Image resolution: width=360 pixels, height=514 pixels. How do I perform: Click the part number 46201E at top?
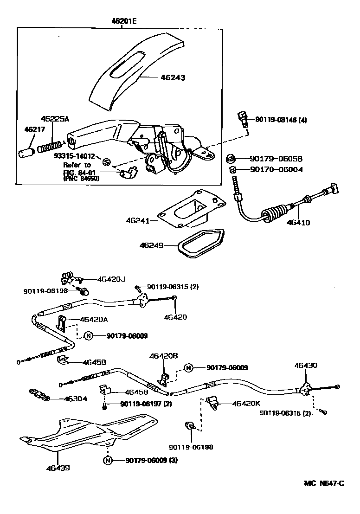coord(124,20)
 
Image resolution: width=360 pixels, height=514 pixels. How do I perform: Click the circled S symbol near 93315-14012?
coord(106,162)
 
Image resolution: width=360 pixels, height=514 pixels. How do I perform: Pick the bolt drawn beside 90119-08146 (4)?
coord(242,120)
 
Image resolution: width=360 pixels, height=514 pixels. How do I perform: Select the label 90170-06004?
coord(276,169)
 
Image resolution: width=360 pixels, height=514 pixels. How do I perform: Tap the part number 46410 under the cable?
coord(298,222)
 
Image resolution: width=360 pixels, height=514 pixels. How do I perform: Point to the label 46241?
coord(138,221)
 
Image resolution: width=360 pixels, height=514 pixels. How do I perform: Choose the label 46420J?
coord(111,279)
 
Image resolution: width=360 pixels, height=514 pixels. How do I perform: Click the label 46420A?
coord(94,319)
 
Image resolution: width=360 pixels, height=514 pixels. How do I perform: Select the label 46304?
coord(75,398)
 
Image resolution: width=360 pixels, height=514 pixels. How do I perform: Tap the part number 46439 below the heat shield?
coord(58,468)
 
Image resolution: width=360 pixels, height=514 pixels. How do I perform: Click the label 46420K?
coord(247,404)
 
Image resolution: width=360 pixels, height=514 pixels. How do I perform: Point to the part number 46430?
coord(306,366)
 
